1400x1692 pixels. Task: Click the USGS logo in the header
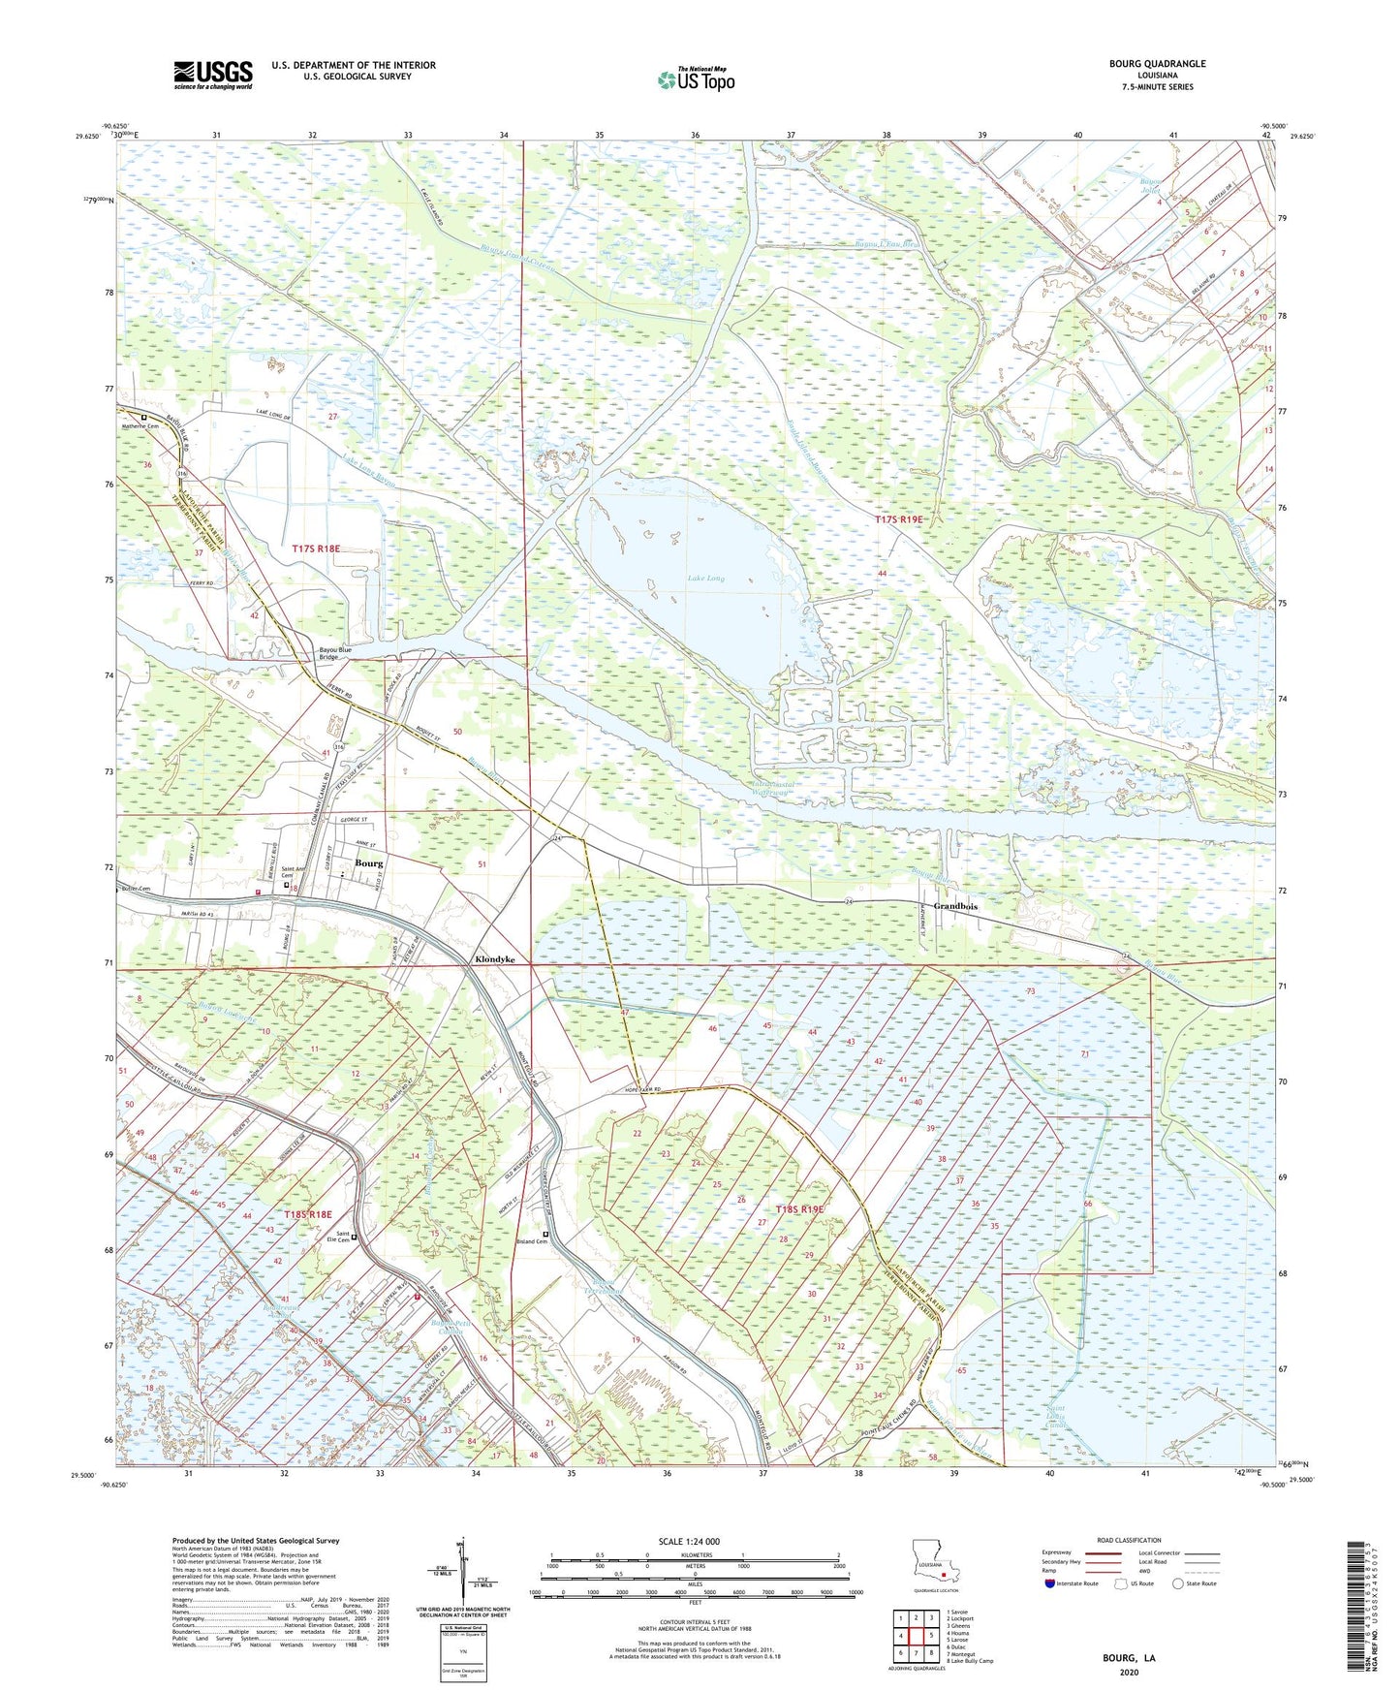(x=213, y=75)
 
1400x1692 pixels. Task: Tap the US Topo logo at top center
(x=696, y=79)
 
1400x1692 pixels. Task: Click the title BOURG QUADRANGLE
(x=1158, y=64)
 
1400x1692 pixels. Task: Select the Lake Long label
(x=705, y=579)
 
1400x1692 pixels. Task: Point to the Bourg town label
(x=368, y=862)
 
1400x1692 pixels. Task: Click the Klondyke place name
(x=494, y=959)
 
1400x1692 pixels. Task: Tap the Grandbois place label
(x=955, y=906)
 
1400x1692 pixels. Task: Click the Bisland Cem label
(x=531, y=1242)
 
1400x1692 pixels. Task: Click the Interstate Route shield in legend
(x=1051, y=1583)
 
